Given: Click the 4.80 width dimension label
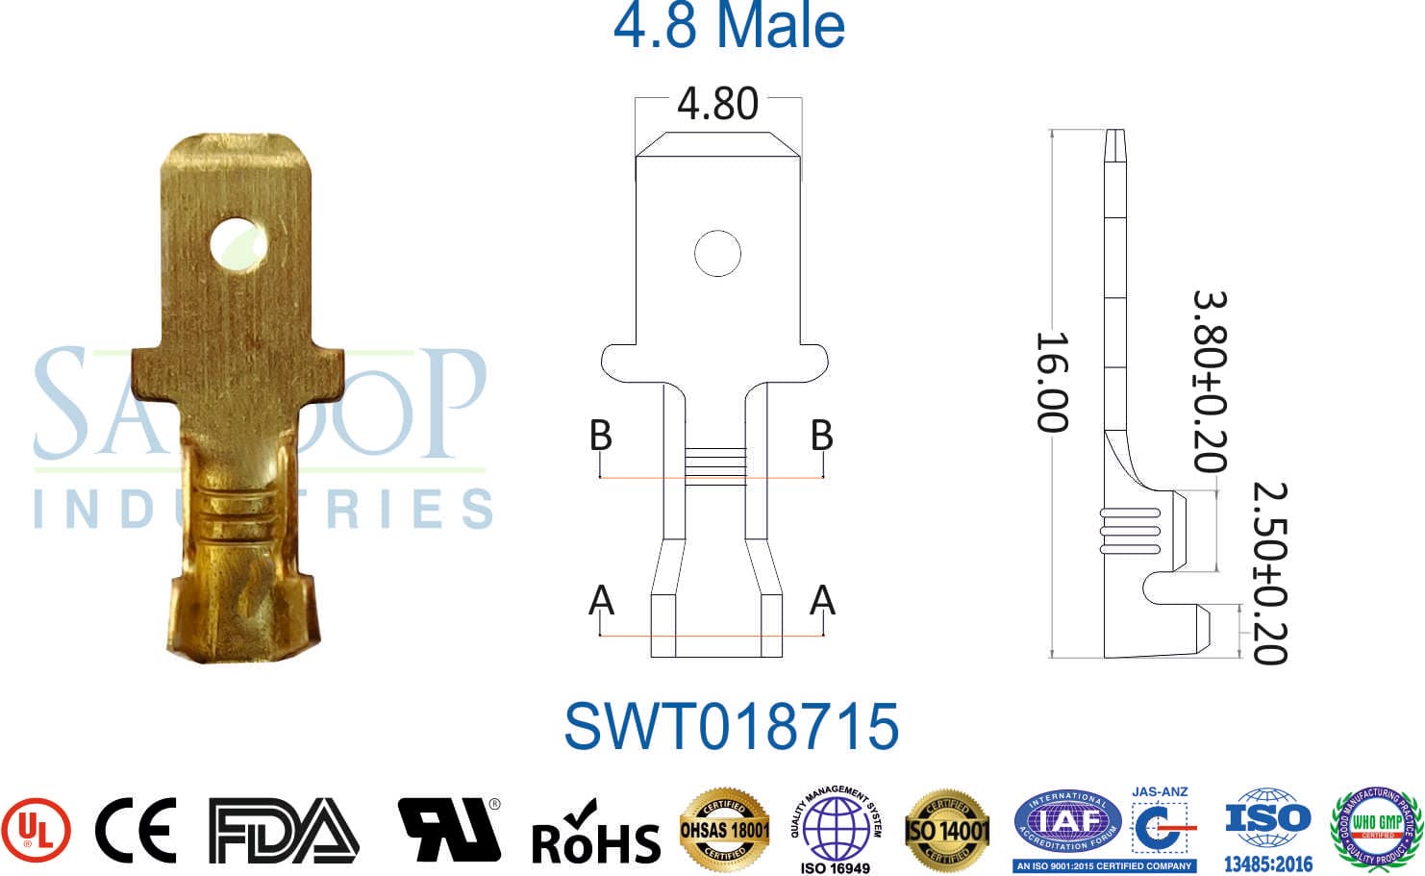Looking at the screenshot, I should tap(717, 104).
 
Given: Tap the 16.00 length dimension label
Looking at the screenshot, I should tap(1052, 382).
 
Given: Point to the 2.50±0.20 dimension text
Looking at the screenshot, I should tap(1269, 573).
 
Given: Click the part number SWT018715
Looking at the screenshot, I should tap(731, 726).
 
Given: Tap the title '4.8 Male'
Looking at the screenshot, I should tap(729, 26).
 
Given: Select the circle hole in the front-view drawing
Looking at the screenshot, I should tap(717, 254).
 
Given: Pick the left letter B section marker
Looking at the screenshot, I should tap(600, 436).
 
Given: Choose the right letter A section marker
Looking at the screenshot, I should tap(822, 601).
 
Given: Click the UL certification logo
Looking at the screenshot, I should tap(35, 830).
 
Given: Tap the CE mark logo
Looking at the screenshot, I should tap(136, 830).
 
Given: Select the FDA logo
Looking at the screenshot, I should tap(283, 830).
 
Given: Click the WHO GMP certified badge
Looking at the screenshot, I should tap(1376, 825).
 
